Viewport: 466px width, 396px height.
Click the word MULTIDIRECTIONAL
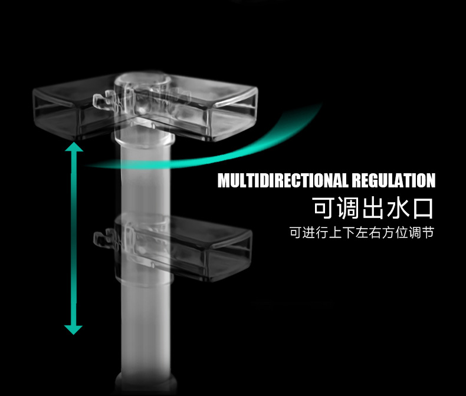(283, 180)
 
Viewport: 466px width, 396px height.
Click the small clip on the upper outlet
(101, 101)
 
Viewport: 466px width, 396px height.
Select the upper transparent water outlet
(195, 106)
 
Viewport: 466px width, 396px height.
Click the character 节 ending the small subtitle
(428, 233)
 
